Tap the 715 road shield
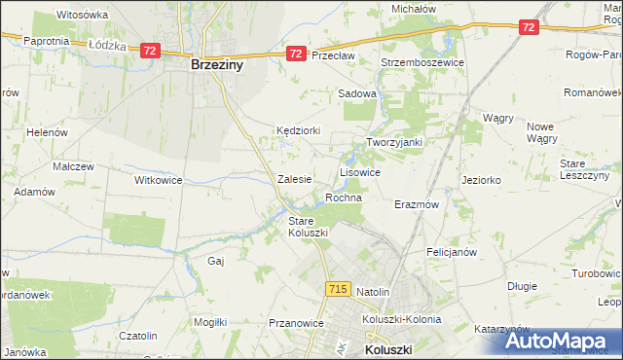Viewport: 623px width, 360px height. pyautogui.click(x=338, y=289)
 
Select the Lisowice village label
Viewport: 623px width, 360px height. pyautogui.click(x=359, y=172)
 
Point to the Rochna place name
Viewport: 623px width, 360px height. pyautogui.click(x=344, y=198)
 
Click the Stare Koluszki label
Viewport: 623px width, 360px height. pyautogui.click(x=309, y=227)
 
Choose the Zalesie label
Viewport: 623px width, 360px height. pyautogui.click(x=294, y=179)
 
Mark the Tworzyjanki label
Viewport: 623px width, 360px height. pyautogui.click(x=393, y=142)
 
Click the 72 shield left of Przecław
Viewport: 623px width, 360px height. pyautogui.click(x=296, y=54)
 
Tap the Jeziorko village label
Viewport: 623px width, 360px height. pyautogui.click(x=481, y=180)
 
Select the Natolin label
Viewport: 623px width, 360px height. pyautogui.click(x=373, y=292)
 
